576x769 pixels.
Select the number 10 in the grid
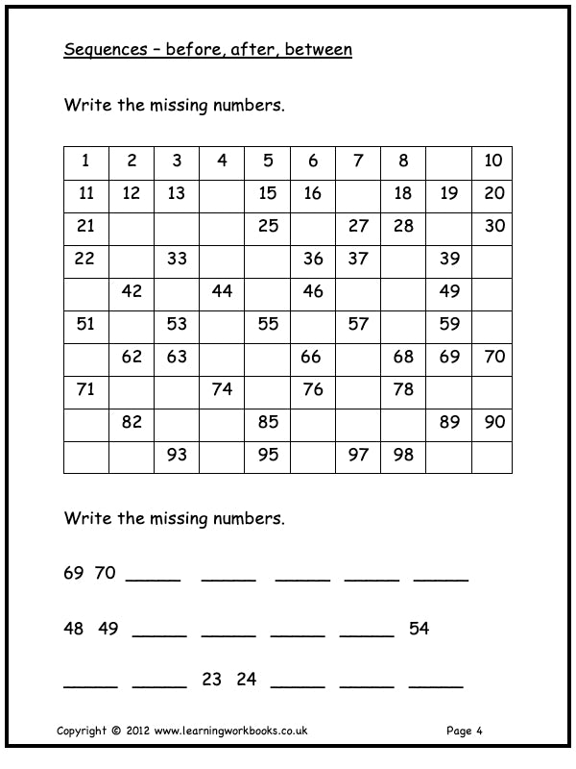point(493,161)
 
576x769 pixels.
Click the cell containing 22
point(85,259)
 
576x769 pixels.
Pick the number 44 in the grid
point(222,291)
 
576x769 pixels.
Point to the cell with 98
point(403,455)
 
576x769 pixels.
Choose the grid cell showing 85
point(268,422)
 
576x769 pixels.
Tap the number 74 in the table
point(222,389)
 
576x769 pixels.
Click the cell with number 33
point(177,259)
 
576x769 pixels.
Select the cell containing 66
point(313,357)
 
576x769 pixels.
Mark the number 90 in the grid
point(493,422)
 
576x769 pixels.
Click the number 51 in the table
point(85,324)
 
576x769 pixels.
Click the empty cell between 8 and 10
point(448,161)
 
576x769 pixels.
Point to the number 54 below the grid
point(419,629)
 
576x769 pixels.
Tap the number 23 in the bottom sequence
point(212,680)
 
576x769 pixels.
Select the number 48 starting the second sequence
point(74,629)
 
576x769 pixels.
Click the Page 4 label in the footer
point(465,731)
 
